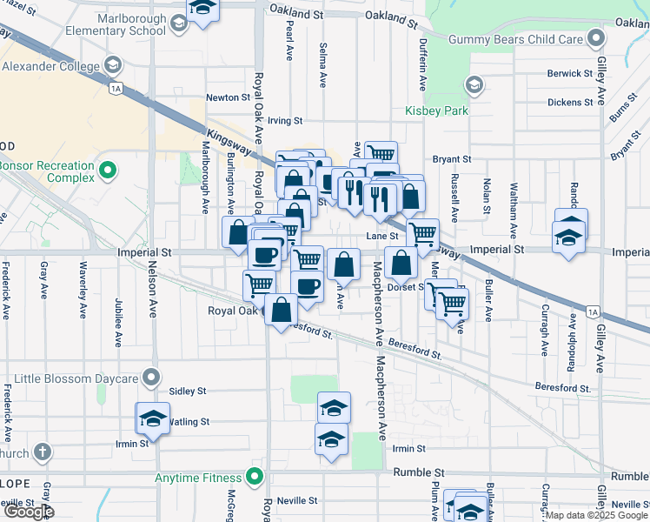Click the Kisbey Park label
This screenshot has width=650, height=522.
click(x=436, y=110)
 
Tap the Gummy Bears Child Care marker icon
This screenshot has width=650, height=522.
click(x=595, y=39)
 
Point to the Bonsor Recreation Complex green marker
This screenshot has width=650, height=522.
click(x=108, y=170)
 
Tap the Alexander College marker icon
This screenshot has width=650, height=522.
click(x=112, y=65)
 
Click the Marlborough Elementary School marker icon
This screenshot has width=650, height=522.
click(x=178, y=23)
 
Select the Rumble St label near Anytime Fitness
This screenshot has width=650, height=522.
click(x=420, y=472)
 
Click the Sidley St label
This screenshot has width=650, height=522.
click(x=188, y=391)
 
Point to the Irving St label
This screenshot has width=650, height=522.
click(x=284, y=121)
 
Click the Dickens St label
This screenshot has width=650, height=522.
click(x=570, y=102)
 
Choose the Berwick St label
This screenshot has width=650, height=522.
click(x=570, y=74)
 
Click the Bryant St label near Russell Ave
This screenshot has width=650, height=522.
click(x=451, y=159)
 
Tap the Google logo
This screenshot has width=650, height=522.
click(x=29, y=512)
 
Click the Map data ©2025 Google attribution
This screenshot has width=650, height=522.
click(x=596, y=515)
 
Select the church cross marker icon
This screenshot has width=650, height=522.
click(x=42, y=452)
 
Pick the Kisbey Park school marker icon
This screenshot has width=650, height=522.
click(x=474, y=85)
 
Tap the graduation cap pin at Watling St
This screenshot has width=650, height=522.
click(x=153, y=418)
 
